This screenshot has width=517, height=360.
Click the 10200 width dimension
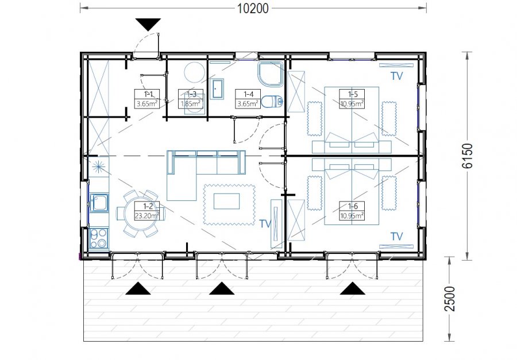click(253, 8)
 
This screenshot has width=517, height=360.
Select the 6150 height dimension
click(467, 156)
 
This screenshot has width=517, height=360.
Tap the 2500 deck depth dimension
click(450, 299)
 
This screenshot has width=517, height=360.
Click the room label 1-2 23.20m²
click(146, 211)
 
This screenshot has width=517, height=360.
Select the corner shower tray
click(271, 75)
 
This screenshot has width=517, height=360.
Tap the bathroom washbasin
click(217, 88)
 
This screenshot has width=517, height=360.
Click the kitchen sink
click(99, 203)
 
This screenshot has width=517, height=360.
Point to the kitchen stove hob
click(99, 238)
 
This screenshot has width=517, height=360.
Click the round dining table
click(141, 214)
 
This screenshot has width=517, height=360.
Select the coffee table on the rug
click(226, 201)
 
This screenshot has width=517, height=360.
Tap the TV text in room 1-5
click(396, 76)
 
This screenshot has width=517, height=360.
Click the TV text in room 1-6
click(396, 237)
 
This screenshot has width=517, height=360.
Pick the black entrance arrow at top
click(148, 25)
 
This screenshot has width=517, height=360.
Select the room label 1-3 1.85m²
click(191, 99)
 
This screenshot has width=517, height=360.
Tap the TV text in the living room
click(265, 224)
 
